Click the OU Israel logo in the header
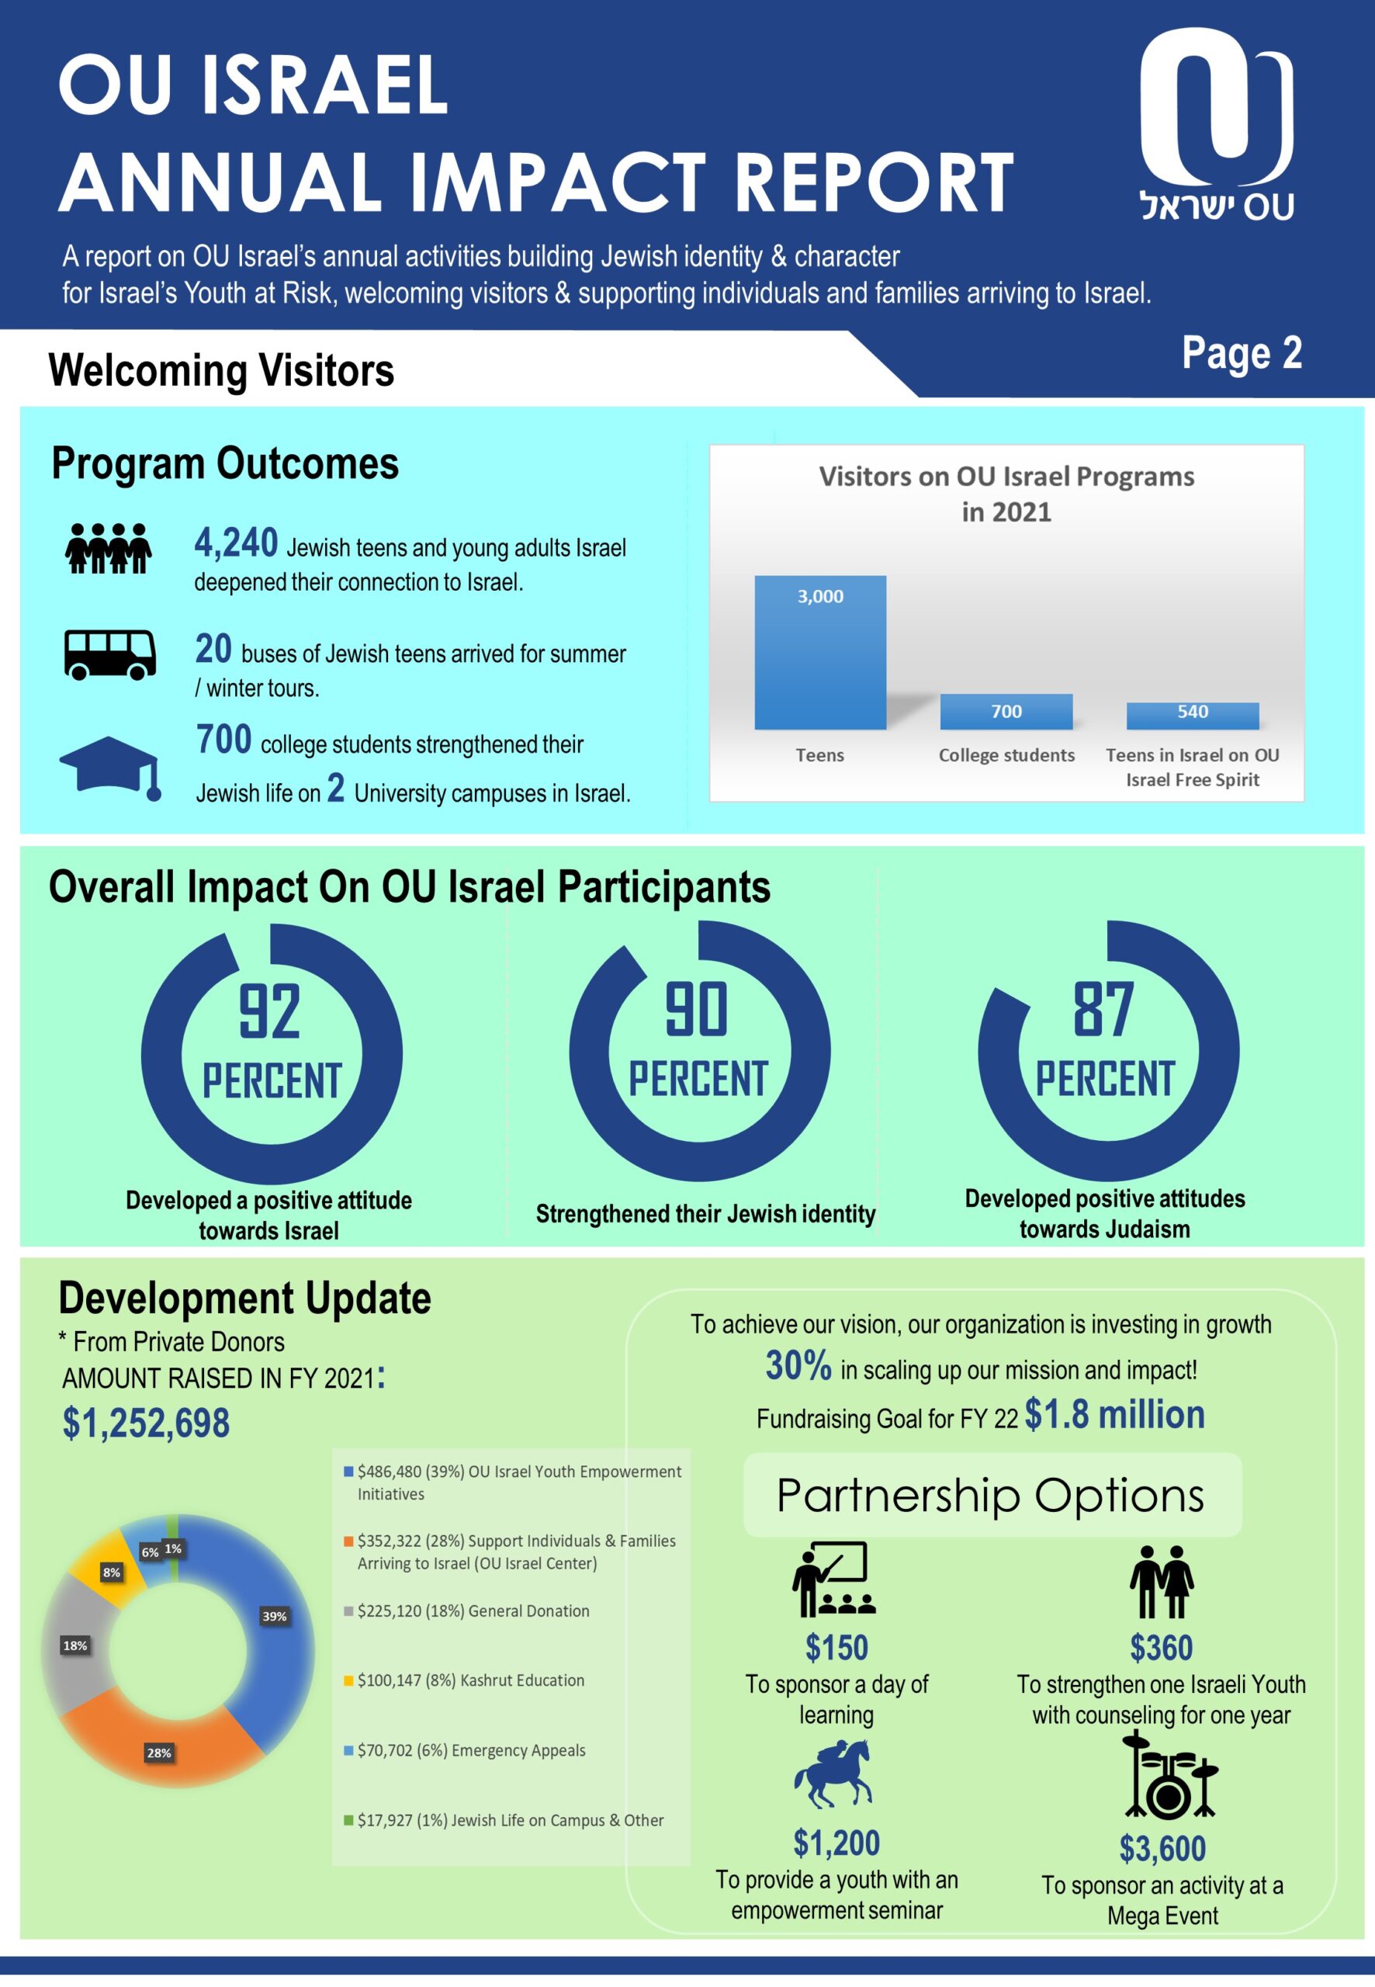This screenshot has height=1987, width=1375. [1216, 125]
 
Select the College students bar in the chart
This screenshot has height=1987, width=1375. [1006, 711]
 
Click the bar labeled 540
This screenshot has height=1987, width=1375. [1193, 714]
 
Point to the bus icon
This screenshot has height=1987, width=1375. [109, 654]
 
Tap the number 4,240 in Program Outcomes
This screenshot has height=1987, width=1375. [236, 543]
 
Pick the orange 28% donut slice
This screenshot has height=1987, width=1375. [159, 1745]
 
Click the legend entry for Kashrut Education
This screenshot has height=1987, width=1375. [470, 1680]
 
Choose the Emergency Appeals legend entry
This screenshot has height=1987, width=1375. [470, 1750]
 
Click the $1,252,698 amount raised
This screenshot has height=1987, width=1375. [146, 1423]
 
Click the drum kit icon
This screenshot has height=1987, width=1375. [1169, 1778]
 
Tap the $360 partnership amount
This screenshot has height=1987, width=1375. [1161, 1648]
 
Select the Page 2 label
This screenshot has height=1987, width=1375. [1241, 353]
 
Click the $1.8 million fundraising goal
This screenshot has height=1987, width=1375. [1114, 1415]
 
